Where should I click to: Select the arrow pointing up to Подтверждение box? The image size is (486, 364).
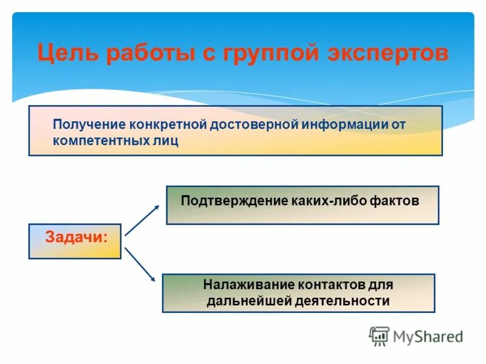(x=142, y=220)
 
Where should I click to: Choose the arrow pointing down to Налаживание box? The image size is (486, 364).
(x=140, y=265)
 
